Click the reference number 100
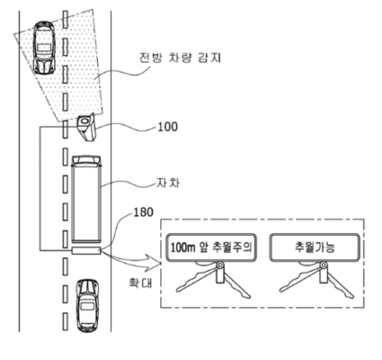[168, 127]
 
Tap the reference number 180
[143, 212]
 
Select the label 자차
[168, 183]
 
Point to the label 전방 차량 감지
[180, 58]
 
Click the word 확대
[140, 283]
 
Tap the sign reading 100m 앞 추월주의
[211, 247]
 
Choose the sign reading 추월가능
[315, 247]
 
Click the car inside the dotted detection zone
[44, 48]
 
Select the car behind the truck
[87, 305]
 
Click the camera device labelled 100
[86, 127]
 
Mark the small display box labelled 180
[86, 250]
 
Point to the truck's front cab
[85, 160]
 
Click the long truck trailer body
[85, 204]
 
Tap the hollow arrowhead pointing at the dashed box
[154, 260]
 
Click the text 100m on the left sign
[182, 247]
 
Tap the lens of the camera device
[84, 121]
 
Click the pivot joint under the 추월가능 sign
[323, 265]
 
